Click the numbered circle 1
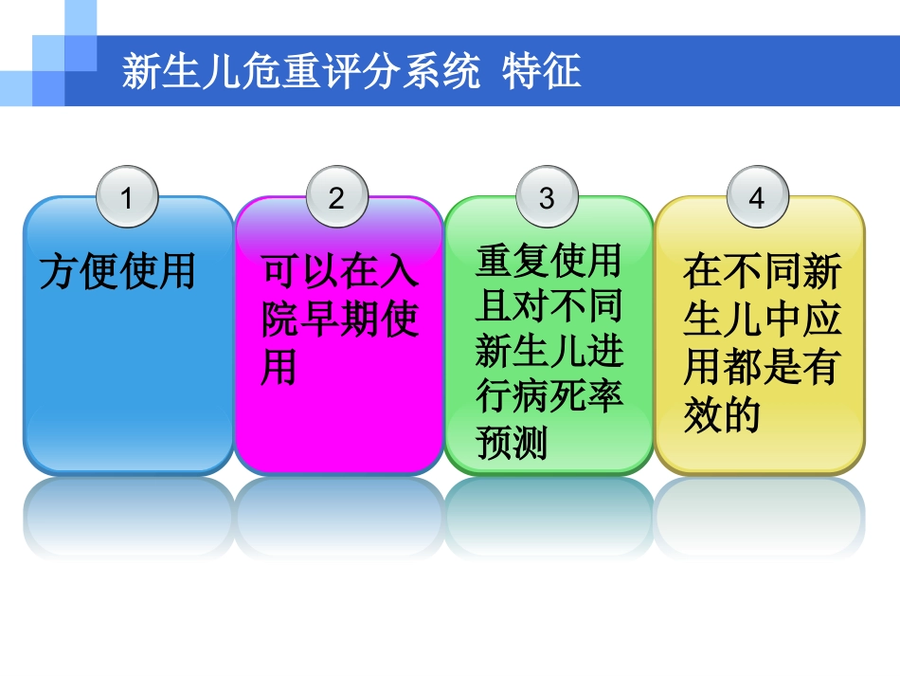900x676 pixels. click(128, 198)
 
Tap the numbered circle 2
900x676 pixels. click(337, 198)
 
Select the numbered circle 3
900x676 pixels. click(547, 198)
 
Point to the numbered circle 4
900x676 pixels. click(755, 198)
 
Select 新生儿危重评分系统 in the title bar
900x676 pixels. click(300, 72)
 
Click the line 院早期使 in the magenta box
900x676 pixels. click(339, 320)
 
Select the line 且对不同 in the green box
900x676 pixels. click(549, 304)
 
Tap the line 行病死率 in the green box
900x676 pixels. click(549, 396)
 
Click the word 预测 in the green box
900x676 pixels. click(512, 442)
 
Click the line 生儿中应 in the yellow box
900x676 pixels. click(761, 320)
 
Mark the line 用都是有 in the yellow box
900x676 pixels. click(761, 368)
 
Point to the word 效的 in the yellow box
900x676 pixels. click(722, 415)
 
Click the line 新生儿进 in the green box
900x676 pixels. click(549, 351)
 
